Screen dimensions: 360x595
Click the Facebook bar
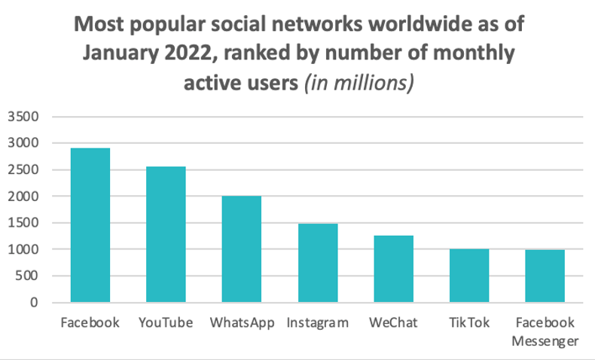90,225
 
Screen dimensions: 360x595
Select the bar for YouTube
166,234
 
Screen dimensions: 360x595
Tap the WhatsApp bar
242,249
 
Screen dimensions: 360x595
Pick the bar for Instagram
318,263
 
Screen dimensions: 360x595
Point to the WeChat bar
394,269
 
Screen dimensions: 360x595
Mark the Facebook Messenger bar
545,276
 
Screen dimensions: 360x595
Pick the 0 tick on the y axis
35,303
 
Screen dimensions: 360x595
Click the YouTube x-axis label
166,323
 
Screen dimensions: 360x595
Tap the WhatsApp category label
242,323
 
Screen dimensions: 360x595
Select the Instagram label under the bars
318,323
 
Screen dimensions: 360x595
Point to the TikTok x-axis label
469,323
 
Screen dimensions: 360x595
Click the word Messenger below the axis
545,341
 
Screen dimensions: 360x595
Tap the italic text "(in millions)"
358,82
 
